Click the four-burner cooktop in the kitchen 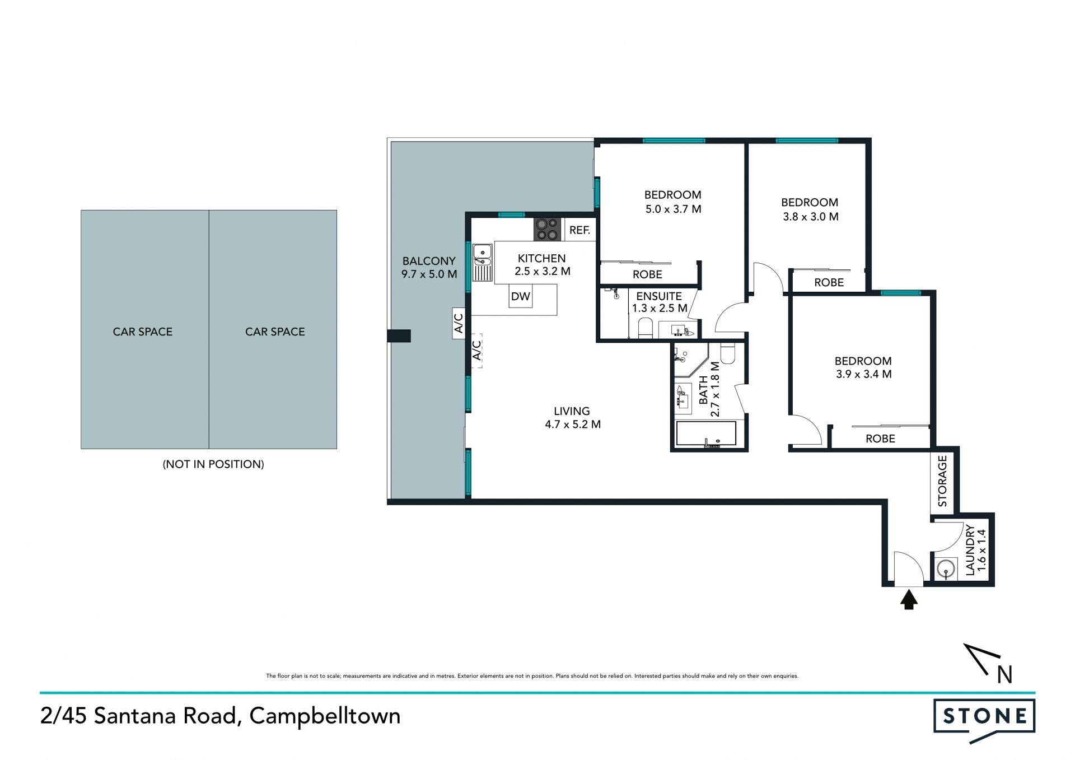click(547, 230)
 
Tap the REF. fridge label click(579, 230)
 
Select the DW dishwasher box click(521, 296)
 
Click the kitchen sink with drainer click(483, 262)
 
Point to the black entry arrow click(909, 600)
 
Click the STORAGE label click(942, 481)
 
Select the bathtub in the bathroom click(706, 434)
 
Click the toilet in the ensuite click(646, 328)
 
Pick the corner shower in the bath click(689, 360)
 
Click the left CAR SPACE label click(143, 332)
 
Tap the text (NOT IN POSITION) click(213, 464)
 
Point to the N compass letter click(1005, 675)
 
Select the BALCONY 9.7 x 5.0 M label click(429, 268)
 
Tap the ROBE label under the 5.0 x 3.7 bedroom click(647, 274)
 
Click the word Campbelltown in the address click(325, 717)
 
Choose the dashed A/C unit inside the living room click(476, 351)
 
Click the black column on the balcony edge click(399, 336)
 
